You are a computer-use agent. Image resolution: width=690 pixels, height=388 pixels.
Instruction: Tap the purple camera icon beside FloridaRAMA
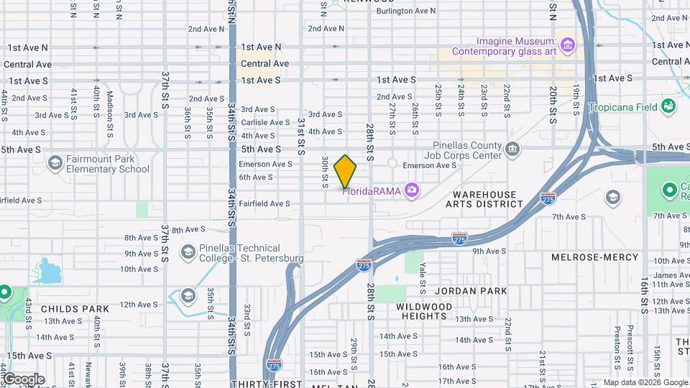point(411,190)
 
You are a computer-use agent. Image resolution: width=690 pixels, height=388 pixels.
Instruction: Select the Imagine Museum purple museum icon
point(568,46)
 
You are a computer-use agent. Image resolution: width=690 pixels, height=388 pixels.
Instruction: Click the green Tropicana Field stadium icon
point(669,106)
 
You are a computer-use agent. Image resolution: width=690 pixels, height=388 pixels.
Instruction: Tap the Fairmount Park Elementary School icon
point(55,164)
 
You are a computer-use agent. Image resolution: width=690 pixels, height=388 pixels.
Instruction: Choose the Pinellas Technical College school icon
point(188,252)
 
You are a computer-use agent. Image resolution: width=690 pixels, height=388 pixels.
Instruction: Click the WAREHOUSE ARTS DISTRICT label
point(484,200)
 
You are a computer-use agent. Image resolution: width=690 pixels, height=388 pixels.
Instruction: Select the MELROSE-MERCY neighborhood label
point(594,257)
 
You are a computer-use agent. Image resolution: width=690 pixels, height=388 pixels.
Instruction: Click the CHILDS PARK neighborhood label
point(75,309)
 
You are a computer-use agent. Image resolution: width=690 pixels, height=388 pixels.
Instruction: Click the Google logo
point(23,379)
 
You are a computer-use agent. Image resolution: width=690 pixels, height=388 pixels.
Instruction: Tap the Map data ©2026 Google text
point(645,382)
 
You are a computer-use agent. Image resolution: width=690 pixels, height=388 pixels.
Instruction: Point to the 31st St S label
point(302,137)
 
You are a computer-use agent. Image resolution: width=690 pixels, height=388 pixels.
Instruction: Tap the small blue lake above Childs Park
point(48,271)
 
